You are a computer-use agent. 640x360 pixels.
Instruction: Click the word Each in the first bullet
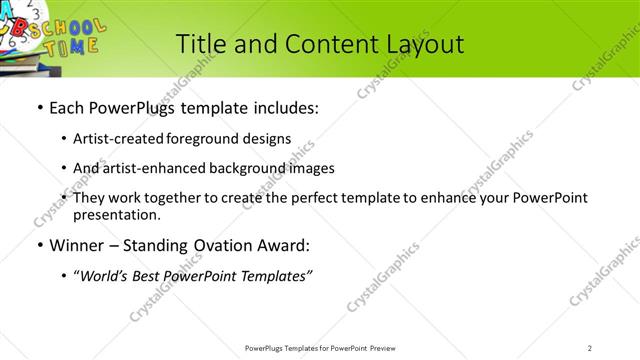67,106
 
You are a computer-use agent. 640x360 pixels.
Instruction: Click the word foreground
209,138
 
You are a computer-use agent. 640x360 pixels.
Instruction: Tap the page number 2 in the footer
589,348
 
